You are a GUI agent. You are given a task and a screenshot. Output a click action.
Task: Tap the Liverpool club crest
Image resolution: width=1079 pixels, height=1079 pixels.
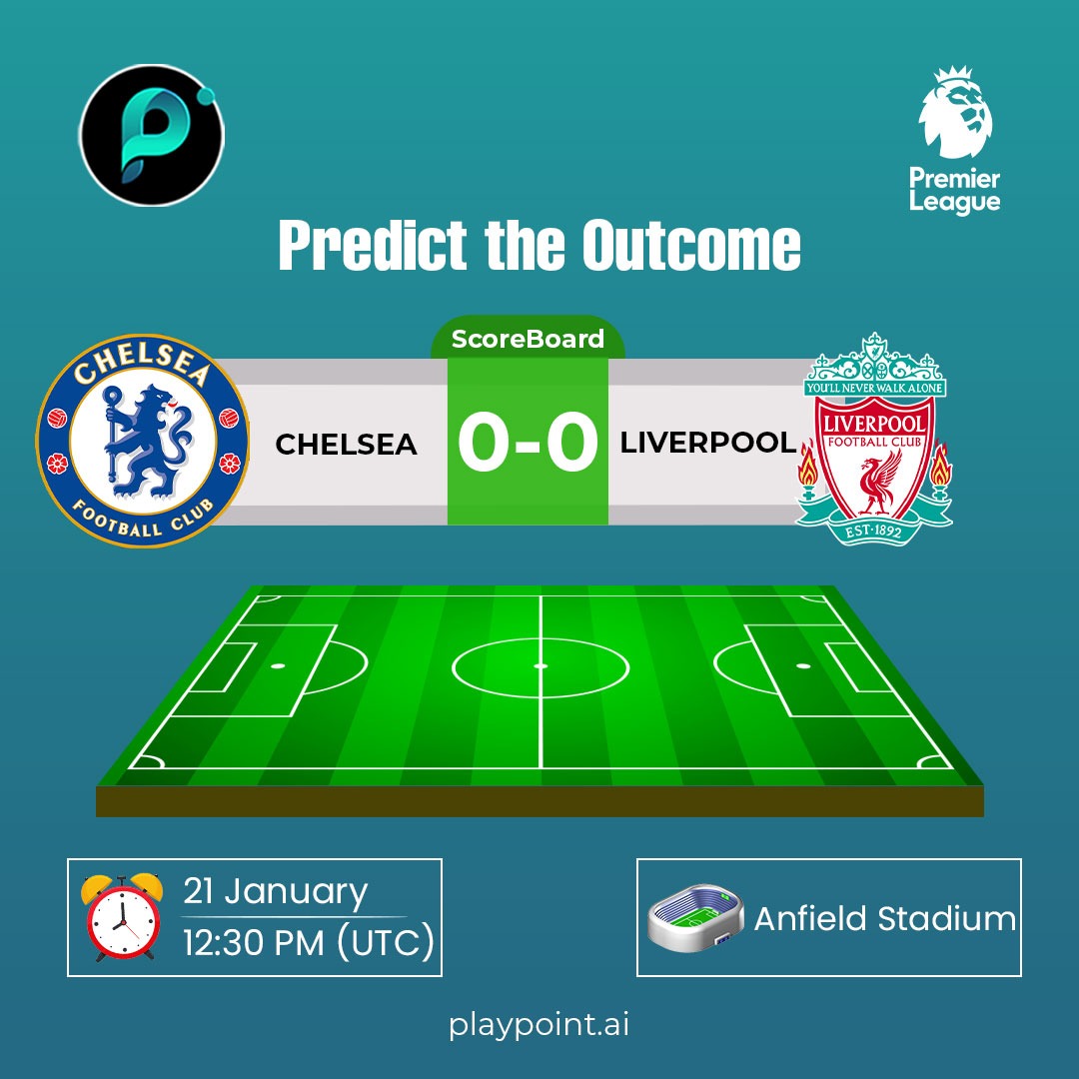pos(874,440)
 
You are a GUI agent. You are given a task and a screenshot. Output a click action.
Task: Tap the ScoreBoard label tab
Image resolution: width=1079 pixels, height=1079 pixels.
pos(528,339)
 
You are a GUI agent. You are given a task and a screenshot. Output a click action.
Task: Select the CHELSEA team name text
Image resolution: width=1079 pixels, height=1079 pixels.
pos(346,445)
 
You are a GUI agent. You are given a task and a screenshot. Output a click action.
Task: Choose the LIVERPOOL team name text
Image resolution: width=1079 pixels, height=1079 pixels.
pos(708,443)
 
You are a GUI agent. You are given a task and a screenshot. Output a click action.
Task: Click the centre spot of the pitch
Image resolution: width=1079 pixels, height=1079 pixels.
pos(540,665)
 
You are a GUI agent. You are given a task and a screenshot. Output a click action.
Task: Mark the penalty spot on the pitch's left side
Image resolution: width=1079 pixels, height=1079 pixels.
pos(278,665)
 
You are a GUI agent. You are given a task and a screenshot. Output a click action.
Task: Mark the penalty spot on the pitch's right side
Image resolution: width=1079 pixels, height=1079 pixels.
pos(802,665)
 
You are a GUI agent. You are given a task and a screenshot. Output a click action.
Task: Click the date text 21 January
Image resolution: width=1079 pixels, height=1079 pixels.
pos(275,891)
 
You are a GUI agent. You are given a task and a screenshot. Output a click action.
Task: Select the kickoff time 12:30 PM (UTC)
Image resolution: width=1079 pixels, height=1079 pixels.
pos(309,941)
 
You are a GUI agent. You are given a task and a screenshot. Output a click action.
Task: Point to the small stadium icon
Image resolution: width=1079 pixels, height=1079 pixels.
pos(695,915)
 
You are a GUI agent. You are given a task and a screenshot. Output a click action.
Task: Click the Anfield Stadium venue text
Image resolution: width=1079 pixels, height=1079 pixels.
pos(884,918)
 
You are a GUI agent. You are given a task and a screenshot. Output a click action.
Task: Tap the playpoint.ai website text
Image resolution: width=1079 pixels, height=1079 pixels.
pos(539,1025)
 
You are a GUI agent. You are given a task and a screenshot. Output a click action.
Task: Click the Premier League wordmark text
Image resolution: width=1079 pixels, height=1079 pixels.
pos(954,190)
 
